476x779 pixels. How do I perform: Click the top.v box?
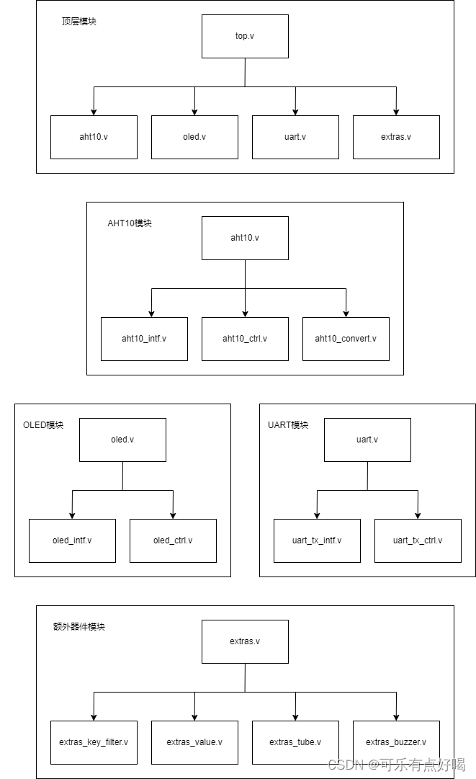245,36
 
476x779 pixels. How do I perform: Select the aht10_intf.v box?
144,339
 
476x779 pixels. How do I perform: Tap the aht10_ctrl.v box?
245,339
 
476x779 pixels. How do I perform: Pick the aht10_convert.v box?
346,339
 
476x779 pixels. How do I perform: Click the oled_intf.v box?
72,540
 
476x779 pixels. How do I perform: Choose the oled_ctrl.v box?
173,540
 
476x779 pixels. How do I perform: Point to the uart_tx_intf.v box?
317,540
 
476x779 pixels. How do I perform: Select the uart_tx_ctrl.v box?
418,540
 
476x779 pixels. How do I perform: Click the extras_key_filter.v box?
94,742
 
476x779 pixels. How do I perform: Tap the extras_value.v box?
194,742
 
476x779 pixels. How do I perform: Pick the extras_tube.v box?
295,742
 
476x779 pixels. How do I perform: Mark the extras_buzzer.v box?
396,742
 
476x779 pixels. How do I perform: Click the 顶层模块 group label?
79,22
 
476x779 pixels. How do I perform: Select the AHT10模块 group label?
130,223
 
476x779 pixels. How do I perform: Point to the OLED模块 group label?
43,425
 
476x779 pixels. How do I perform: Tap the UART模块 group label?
288,425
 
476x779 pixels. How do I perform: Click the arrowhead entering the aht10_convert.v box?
346,313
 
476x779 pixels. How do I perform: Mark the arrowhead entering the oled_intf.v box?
72,515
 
